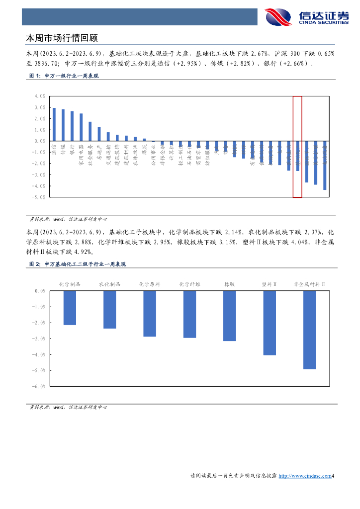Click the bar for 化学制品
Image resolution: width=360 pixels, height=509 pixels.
point(70,308)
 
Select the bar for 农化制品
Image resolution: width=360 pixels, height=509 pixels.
point(109,310)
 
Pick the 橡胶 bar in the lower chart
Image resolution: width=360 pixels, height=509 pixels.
point(229,316)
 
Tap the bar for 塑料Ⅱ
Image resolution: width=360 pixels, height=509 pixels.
point(269,323)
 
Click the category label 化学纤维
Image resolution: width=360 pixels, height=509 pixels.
point(189,284)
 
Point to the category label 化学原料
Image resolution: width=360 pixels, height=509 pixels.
point(149,284)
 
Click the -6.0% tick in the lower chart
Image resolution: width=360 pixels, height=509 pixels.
point(39,386)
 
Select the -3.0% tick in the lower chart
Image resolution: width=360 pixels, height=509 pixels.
point(39,339)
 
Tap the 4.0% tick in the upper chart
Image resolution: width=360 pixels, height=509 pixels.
point(40,96)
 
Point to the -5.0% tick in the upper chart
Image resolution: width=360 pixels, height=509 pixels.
point(39,197)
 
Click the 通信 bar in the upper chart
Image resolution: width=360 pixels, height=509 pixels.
point(54,125)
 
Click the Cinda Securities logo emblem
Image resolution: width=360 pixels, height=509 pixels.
point(278,17)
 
